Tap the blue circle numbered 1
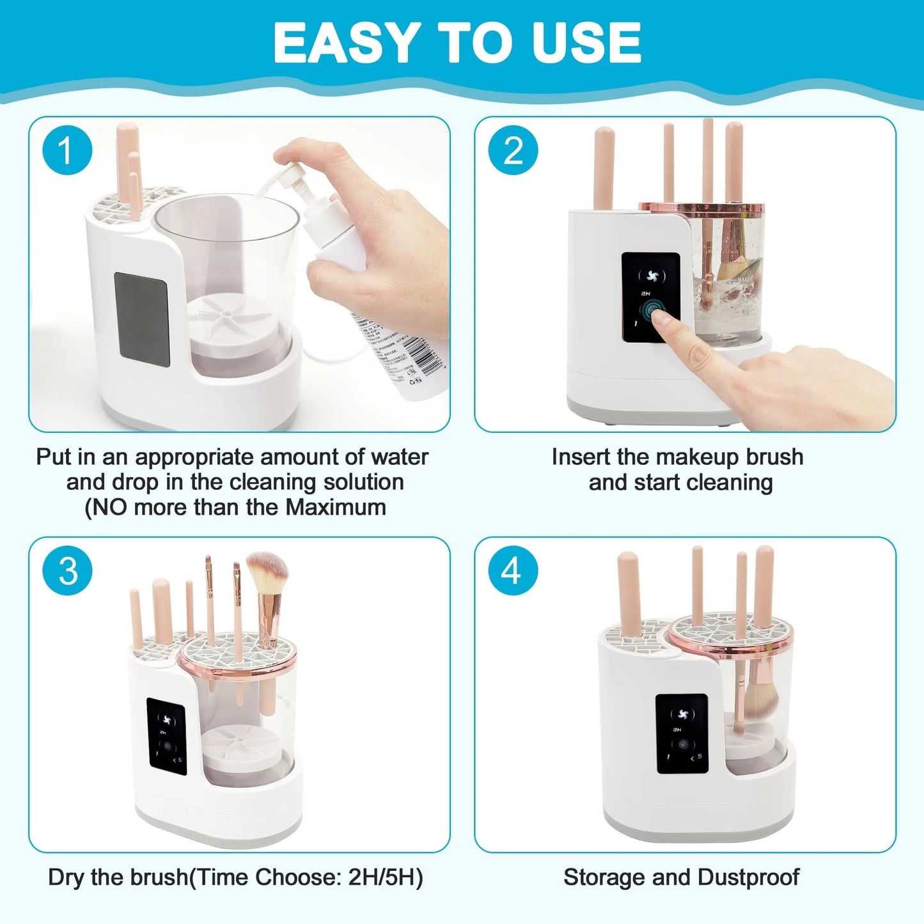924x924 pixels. pyautogui.click(x=67, y=152)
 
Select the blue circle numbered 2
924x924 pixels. pyautogui.click(x=513, y=152)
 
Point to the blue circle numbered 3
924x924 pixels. pyautogui.click(x=67, y=571)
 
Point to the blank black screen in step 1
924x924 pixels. pyautogui.click(x=141, y=318)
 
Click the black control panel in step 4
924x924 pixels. pyautogui.click(x=682, y=733)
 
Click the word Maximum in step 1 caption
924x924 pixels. pyautogui.click(x=336, y=508)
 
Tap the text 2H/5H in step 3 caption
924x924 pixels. pyautogui.click(x=386, y=877)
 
